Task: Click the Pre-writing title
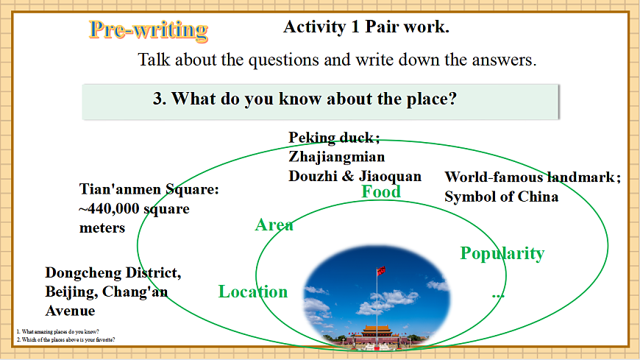149,29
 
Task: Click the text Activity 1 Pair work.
366,27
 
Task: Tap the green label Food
381,192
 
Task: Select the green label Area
274,225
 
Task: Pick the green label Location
253,292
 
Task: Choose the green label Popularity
502,253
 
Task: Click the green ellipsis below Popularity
498,294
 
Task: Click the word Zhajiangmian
336,157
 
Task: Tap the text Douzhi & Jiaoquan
355,176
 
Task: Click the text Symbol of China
501,197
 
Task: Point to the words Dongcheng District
113,273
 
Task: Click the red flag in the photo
381,269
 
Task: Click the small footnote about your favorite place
65,339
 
